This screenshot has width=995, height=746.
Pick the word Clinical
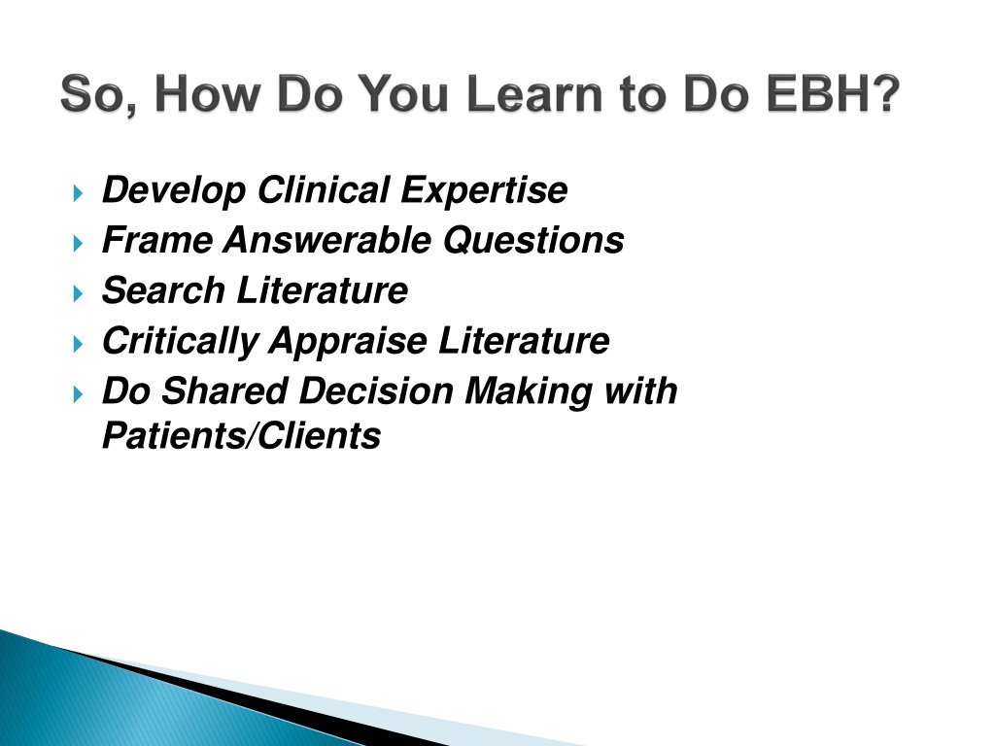[x=324, y=189]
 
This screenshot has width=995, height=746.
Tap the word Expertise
[x=484, y=190]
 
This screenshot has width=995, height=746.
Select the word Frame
[x=157, y=240]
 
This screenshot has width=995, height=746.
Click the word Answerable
[x=327, y=240]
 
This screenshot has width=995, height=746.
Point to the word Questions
[x=533, y=241]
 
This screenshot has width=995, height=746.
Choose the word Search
[x=163, y=289]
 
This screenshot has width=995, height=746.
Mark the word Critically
[x=180, y=341]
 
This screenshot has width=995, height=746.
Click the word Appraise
[x=349, y=341]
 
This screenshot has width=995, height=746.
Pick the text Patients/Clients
[x=241, y=435]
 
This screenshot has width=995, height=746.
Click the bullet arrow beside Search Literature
[x=78, y=293]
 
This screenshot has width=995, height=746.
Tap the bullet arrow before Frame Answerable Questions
[x=78, y=244]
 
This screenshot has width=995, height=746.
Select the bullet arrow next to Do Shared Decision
[x=78, y=394]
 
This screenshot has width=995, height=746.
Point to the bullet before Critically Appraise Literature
[x=78, y=345]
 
